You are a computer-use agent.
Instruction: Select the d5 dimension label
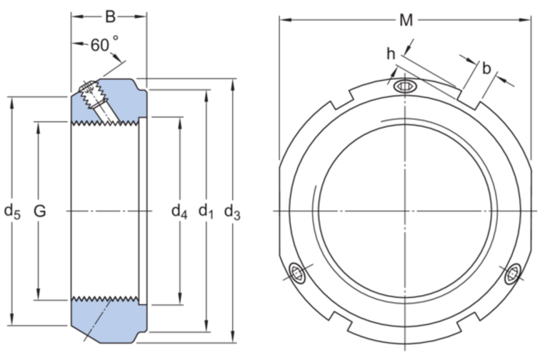point(12,211)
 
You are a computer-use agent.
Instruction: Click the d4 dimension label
point(179,211)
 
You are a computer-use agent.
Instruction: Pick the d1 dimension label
point(206,211)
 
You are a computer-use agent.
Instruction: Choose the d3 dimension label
point(233,211)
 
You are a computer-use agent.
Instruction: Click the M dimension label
point(406,20)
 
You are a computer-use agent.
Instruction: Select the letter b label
point(486,69)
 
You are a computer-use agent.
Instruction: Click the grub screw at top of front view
point(404,87)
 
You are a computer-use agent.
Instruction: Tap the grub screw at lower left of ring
point(297,273)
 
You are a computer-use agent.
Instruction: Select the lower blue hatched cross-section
point(107,318)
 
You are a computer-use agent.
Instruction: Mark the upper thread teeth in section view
point(107,121)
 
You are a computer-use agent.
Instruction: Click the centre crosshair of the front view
point(405,211)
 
